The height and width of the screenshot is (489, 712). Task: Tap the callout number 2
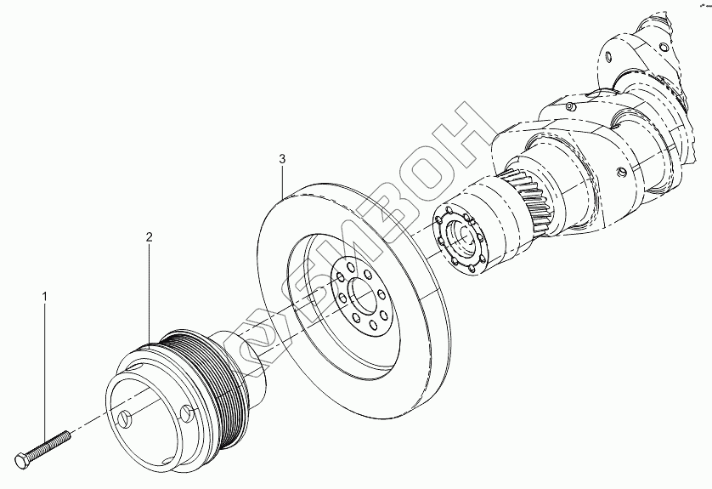[149, 238]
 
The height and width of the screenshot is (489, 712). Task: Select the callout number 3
[281, 158]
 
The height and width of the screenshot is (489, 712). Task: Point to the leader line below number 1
[45, 366]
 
